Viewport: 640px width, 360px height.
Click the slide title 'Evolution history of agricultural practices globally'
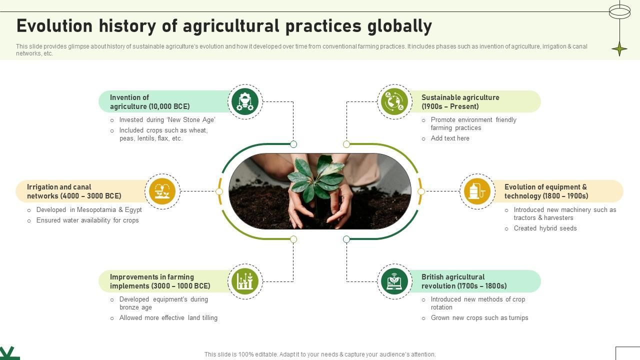pyautogui.click(x=224, y=26)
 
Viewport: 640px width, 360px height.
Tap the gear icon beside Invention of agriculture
pyautogui.click(x=245, y=101)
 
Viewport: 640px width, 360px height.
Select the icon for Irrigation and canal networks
pyautogui.click(x=162, y=191)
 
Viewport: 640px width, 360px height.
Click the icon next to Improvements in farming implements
pyautogui.click(x=245, y=281)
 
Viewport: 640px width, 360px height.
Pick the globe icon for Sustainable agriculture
pyautogui.click(x=394, y=101)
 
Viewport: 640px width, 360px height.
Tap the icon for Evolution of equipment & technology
pyautogui.click(x=477, y=191)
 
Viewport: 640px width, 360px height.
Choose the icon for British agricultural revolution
pyautogui.click(x=394, y=281)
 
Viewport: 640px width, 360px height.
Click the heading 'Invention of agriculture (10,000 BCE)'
pyautogui.click(x=149, y=102)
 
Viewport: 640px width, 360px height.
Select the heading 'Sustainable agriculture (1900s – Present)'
pyautogui.click(x=460, y=102)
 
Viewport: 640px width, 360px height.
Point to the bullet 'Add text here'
pyautogui.click(x=449, y=138)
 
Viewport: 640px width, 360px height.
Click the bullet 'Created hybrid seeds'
pyautogui.click(x=545, y=228)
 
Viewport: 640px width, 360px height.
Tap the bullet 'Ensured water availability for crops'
pyautogui.click(x=87, y=220)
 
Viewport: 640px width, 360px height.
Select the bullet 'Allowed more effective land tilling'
pyautogui.click(x=168, y=318)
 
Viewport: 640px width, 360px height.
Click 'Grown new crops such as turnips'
pyautogui.click(x=479, y=318)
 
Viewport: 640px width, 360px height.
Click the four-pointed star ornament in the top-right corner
pyautogui.click(x=619, y=49)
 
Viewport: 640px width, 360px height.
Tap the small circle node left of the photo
pyautogui.click(x=219, y=191)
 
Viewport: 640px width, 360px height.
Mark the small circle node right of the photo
pyautogui.click(x=421, y=191)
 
